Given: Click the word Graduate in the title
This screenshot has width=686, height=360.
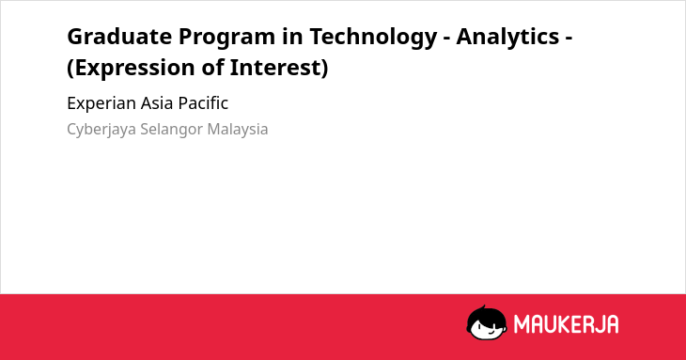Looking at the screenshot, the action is [119, 36].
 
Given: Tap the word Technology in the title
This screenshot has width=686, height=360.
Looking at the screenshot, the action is [373, 38].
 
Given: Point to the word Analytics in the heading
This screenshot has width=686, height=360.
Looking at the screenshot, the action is [507, 38].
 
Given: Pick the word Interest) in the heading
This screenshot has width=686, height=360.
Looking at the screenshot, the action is [279, 69].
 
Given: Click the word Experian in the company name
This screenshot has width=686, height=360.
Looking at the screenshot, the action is [101, 103].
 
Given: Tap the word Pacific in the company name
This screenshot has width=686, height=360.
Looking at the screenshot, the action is [203, 103].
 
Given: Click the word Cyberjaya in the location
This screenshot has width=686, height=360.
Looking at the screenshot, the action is [101, 130].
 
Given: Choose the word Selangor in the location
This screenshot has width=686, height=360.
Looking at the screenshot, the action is [171, 130].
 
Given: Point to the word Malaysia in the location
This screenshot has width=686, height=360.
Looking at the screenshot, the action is [238, 130].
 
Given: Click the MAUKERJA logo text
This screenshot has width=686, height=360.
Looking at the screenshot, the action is [566, 324].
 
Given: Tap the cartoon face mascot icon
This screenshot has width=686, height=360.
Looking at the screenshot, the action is [487, 322].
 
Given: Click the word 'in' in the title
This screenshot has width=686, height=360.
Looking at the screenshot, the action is [292, 36].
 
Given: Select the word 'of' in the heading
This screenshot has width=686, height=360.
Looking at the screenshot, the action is [212, 68].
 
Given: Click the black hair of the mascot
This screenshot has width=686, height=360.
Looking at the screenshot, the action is [485, 314].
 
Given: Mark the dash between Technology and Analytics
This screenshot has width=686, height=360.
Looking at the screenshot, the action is [446, 39].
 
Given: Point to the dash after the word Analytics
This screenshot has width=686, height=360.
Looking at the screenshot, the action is [569, 39].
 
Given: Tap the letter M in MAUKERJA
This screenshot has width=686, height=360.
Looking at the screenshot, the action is [522, 324].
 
